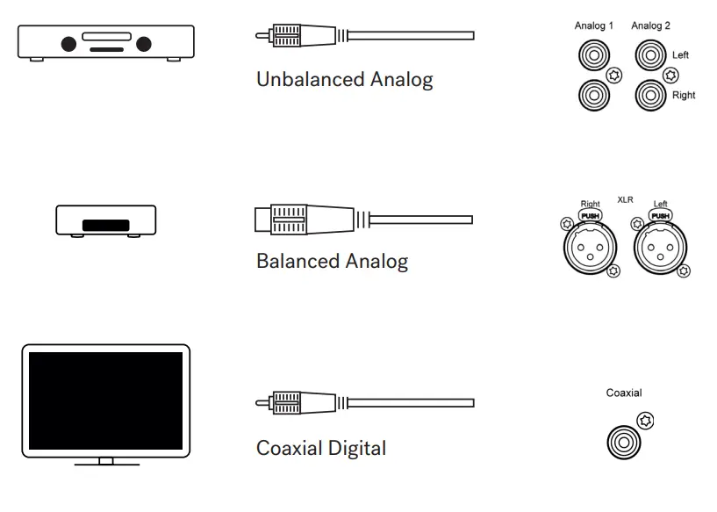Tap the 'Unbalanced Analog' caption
point(344,81)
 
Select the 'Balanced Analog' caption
point(332,262)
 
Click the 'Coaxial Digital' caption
point(320,448)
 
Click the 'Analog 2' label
point(650,26)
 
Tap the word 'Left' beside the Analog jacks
point(680,55)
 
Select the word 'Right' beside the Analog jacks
point(684,95)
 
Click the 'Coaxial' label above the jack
point(624,393)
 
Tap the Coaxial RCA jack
point(622,436)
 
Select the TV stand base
point(106,463)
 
